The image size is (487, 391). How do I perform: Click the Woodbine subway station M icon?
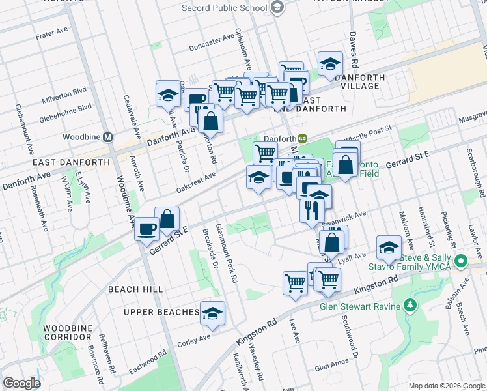tap(108, 138)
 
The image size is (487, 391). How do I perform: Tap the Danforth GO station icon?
tap(303, 138)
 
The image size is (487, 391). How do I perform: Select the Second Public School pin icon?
tap(278, 8)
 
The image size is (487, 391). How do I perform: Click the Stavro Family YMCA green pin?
tap(462, 262)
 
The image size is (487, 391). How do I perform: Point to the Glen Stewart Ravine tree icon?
tap(410, 304)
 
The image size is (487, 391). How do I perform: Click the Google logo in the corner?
tap(21, 383)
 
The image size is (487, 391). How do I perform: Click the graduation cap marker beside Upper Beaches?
tap(212, 313)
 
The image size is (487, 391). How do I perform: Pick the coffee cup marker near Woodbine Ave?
tap(146, 229)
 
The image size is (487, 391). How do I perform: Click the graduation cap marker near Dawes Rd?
tap(331, 64)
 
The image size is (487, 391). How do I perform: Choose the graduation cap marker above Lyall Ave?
tap(389, 247)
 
